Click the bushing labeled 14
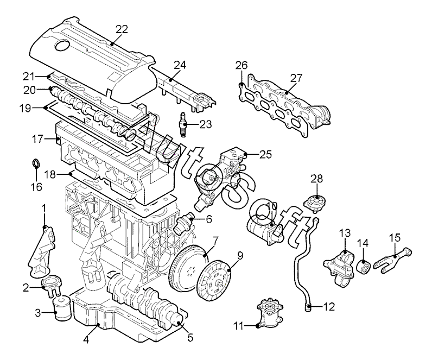click(363, 267)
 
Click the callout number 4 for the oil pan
click(86, 341)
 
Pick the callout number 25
click(265, 155)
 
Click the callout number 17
click(37, 139)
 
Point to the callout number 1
click(45, 207)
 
